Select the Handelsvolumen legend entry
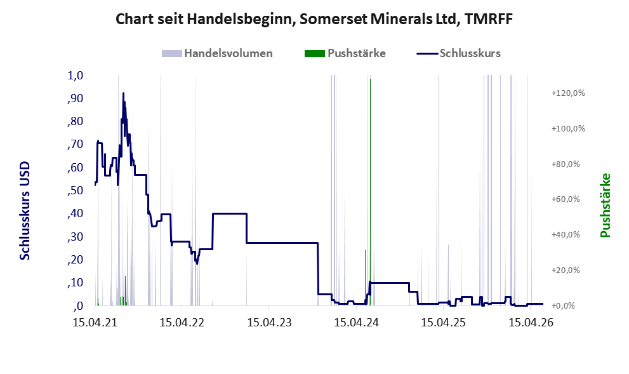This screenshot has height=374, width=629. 217,53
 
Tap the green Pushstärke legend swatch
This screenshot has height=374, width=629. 315,53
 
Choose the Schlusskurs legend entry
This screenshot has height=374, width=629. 458,53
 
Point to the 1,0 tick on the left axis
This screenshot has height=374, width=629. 76,76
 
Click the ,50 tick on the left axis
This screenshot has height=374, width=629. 76,190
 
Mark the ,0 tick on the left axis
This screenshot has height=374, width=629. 78,306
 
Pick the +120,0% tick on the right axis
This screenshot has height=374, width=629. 568,93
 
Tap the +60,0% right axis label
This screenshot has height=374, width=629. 566,199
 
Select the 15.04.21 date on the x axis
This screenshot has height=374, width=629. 95,322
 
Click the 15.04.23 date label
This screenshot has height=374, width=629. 269,322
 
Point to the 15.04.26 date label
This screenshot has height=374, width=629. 531,322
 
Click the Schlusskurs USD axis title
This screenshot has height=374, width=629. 25,210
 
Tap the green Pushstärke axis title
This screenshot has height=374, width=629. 606,206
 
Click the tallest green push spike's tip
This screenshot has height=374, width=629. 370,79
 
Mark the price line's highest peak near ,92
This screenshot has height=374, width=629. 123,93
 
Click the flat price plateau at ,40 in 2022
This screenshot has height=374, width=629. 230,213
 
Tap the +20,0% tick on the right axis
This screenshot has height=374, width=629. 566,270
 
